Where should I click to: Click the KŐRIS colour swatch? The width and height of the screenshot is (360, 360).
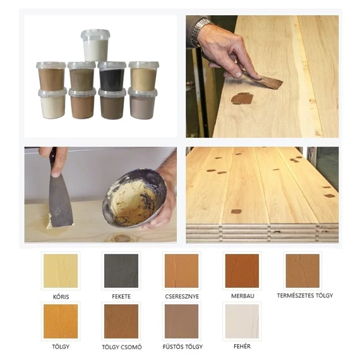click(x=61, y=271)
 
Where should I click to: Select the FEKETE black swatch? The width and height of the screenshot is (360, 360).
click(x=121, y=271)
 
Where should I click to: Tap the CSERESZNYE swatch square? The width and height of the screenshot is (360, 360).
click(x=182, y=271)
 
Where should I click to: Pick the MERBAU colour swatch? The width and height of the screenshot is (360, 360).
click(x=242, y=271)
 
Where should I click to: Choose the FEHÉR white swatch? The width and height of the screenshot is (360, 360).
click(x=242, y=321)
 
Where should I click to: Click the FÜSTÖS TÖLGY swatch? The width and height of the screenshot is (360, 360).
click(x=182, y=321)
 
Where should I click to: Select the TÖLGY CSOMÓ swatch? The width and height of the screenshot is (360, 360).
click(x=121, y=321)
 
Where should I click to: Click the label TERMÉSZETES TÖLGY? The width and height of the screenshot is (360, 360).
click(x=305, y=296)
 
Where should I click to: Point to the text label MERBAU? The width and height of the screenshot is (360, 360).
click(x=243, y=296)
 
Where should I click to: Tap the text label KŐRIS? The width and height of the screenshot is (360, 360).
click(x=61, y=297)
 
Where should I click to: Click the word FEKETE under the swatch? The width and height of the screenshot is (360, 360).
click(x=121, y=296)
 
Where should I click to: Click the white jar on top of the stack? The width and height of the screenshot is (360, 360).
click(x=95, y=45)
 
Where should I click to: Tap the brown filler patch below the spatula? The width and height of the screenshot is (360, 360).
click(x=242, y=98)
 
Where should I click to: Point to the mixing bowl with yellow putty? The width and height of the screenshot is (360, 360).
click(x=135, y=198)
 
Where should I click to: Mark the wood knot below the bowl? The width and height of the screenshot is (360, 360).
click(x=121, y=238)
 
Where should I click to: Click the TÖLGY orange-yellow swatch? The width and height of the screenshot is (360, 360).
click(x=61, y=321)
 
